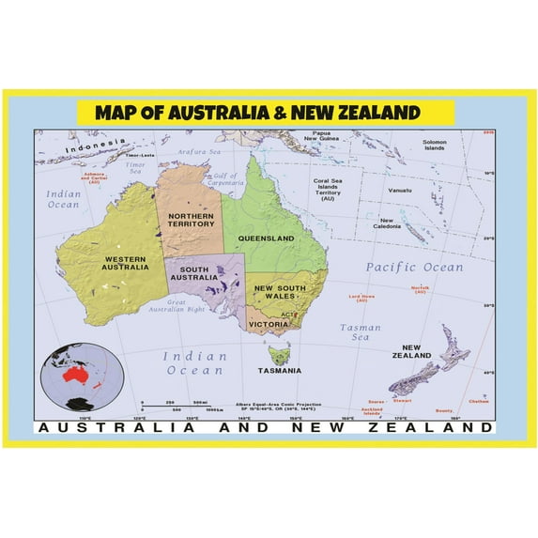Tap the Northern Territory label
coord(191,220)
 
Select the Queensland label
coord(266,238)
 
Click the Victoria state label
coord(269,324)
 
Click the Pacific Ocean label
coord(414,268)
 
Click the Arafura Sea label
coord(199,150)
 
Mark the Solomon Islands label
coord(434,146)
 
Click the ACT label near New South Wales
coord(290,315)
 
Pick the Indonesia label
coord(94,147)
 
